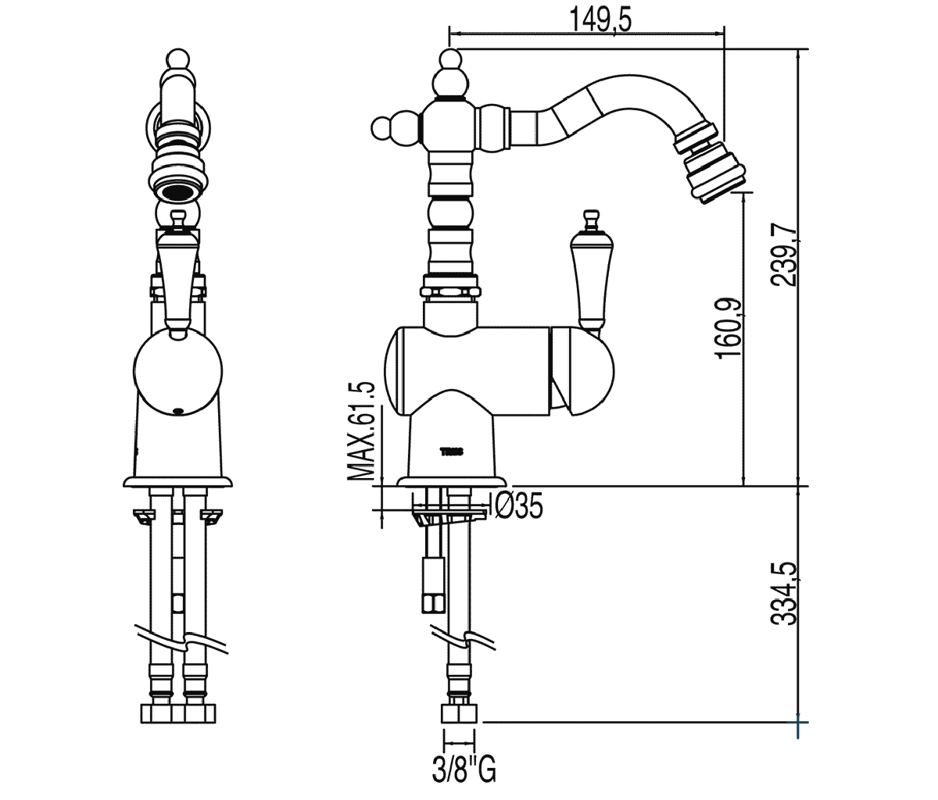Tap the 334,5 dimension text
click(x=785, y=595)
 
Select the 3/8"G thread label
click(x=464, y=770)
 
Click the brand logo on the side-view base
click(x=452, y=452)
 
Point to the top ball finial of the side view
click(x=449, y=59)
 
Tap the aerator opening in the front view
click(x=178, y=190)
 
